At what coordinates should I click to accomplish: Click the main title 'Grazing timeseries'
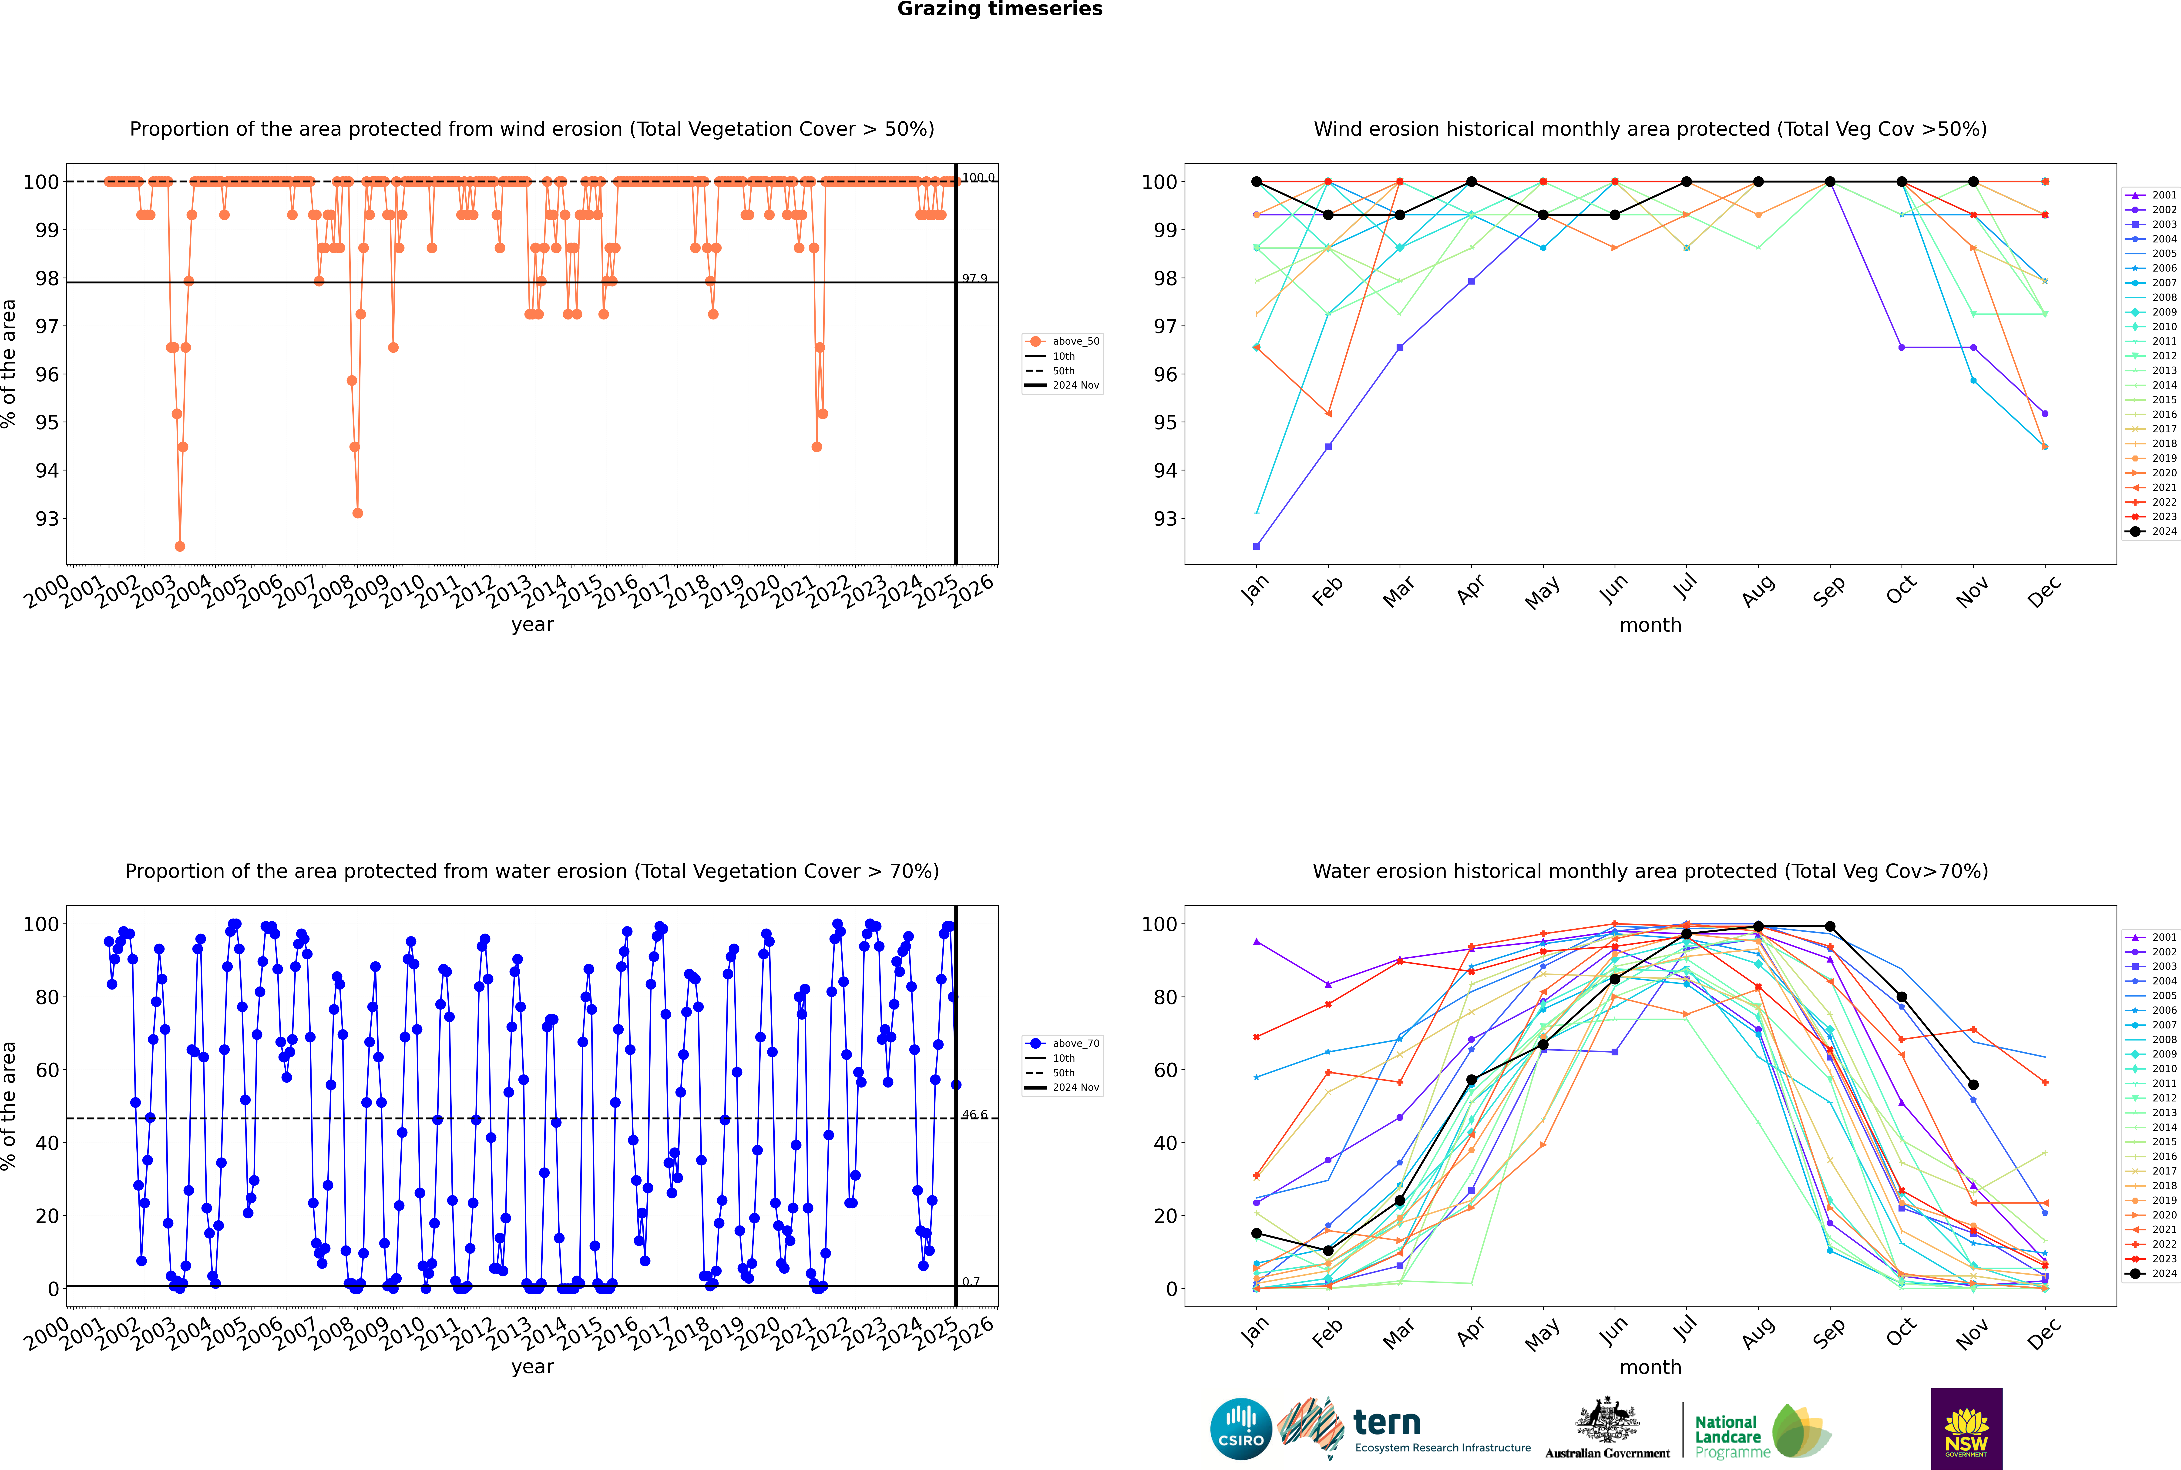pos(1000,9)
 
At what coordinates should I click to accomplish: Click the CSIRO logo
pos(1240,1429)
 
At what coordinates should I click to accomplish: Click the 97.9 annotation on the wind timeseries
pos(974,279)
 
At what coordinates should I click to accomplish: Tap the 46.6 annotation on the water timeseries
pos(974,1115)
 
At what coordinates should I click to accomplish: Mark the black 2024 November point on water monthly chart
pos(1973,1085)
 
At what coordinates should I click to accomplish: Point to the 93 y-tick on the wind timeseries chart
pos(47,518)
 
